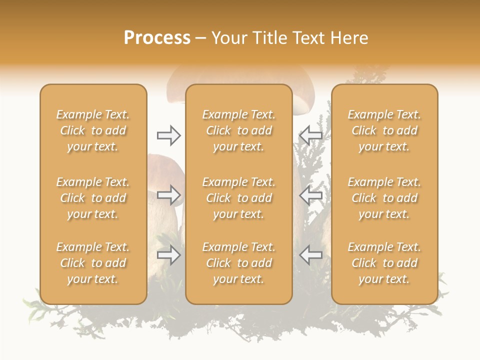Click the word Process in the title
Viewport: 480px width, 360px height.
coord(157,38)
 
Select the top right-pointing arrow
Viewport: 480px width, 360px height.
coord(169,135)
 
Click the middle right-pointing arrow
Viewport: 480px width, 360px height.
coord(169,195)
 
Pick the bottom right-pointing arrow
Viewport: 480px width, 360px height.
coord(169,255)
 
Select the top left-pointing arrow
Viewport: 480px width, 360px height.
coord(310,135)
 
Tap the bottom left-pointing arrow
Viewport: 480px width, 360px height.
coord(310,255)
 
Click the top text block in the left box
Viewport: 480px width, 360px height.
coord(93,130)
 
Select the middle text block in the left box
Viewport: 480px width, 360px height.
coord(93,198)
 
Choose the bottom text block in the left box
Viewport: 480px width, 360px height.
coord(93,263)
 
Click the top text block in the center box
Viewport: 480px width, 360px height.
coord(239,130)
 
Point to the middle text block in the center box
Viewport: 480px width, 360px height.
coord(239,198)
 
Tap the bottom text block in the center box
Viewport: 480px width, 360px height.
coord(239,263)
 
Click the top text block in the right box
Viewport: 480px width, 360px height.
coord(384,130)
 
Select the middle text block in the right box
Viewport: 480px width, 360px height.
coord(384,198)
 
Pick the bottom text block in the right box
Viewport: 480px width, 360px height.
coord(384,263)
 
